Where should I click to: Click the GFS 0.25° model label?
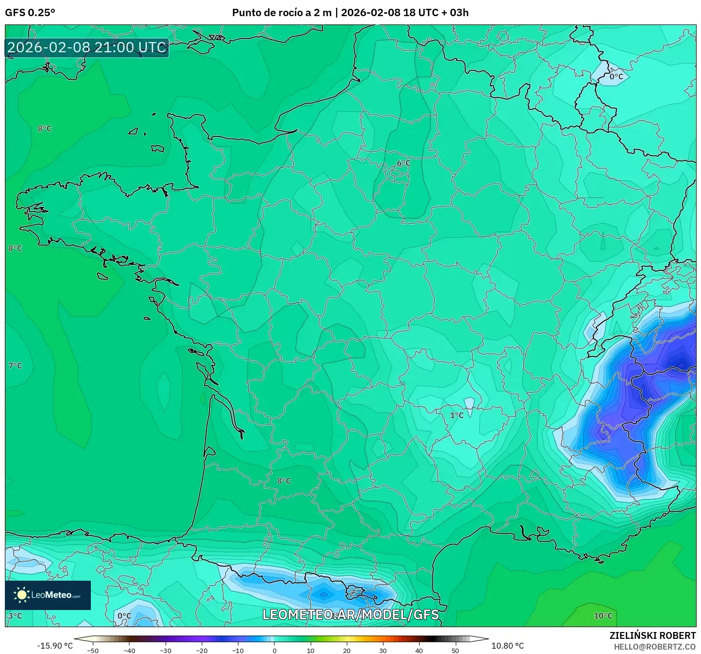tap(30, 13)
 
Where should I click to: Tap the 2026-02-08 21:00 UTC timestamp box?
tap(87, 47)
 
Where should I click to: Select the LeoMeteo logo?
tap(48, 595)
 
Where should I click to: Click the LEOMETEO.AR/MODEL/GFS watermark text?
tap(350, 614)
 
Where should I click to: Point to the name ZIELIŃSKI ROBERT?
tap(652, 635)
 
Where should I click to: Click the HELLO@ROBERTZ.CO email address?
tap(655, 647)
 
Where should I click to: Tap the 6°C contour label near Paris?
tap(404, 163)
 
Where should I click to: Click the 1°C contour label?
tap(457, 415)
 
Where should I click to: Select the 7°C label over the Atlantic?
tap(15, 366)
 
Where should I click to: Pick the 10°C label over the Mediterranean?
tap(603, 616)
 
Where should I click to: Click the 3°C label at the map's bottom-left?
tap(15, 616)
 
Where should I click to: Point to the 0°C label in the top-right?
tap(616, 77)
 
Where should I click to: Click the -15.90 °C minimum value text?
tap(55, 646)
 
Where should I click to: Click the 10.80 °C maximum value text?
tap(508, 646)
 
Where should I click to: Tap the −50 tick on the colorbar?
tap(92, 651)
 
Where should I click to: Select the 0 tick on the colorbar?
tap(274, 651)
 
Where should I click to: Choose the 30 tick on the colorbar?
tap(382, 651)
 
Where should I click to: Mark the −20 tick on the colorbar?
tap(201, 651)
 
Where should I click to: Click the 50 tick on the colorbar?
tap(455, 651)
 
